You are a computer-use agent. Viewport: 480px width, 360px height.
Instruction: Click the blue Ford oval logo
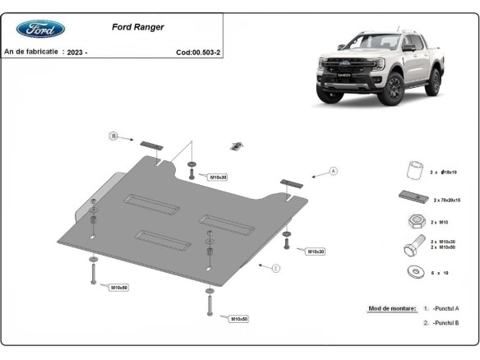point(40,29)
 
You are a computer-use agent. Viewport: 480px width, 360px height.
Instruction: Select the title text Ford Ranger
point(137,27)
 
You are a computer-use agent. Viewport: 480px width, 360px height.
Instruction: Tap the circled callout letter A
point(334,171)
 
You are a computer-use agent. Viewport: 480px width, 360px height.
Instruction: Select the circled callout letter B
point(114,136)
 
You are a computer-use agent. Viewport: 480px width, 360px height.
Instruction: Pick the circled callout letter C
point(276,267)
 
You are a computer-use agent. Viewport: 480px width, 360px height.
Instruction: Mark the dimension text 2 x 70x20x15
point(447,200)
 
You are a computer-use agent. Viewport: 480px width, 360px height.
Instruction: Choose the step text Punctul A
point(445,308)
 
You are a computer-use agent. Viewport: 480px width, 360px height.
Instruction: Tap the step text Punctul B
point(445,323)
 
